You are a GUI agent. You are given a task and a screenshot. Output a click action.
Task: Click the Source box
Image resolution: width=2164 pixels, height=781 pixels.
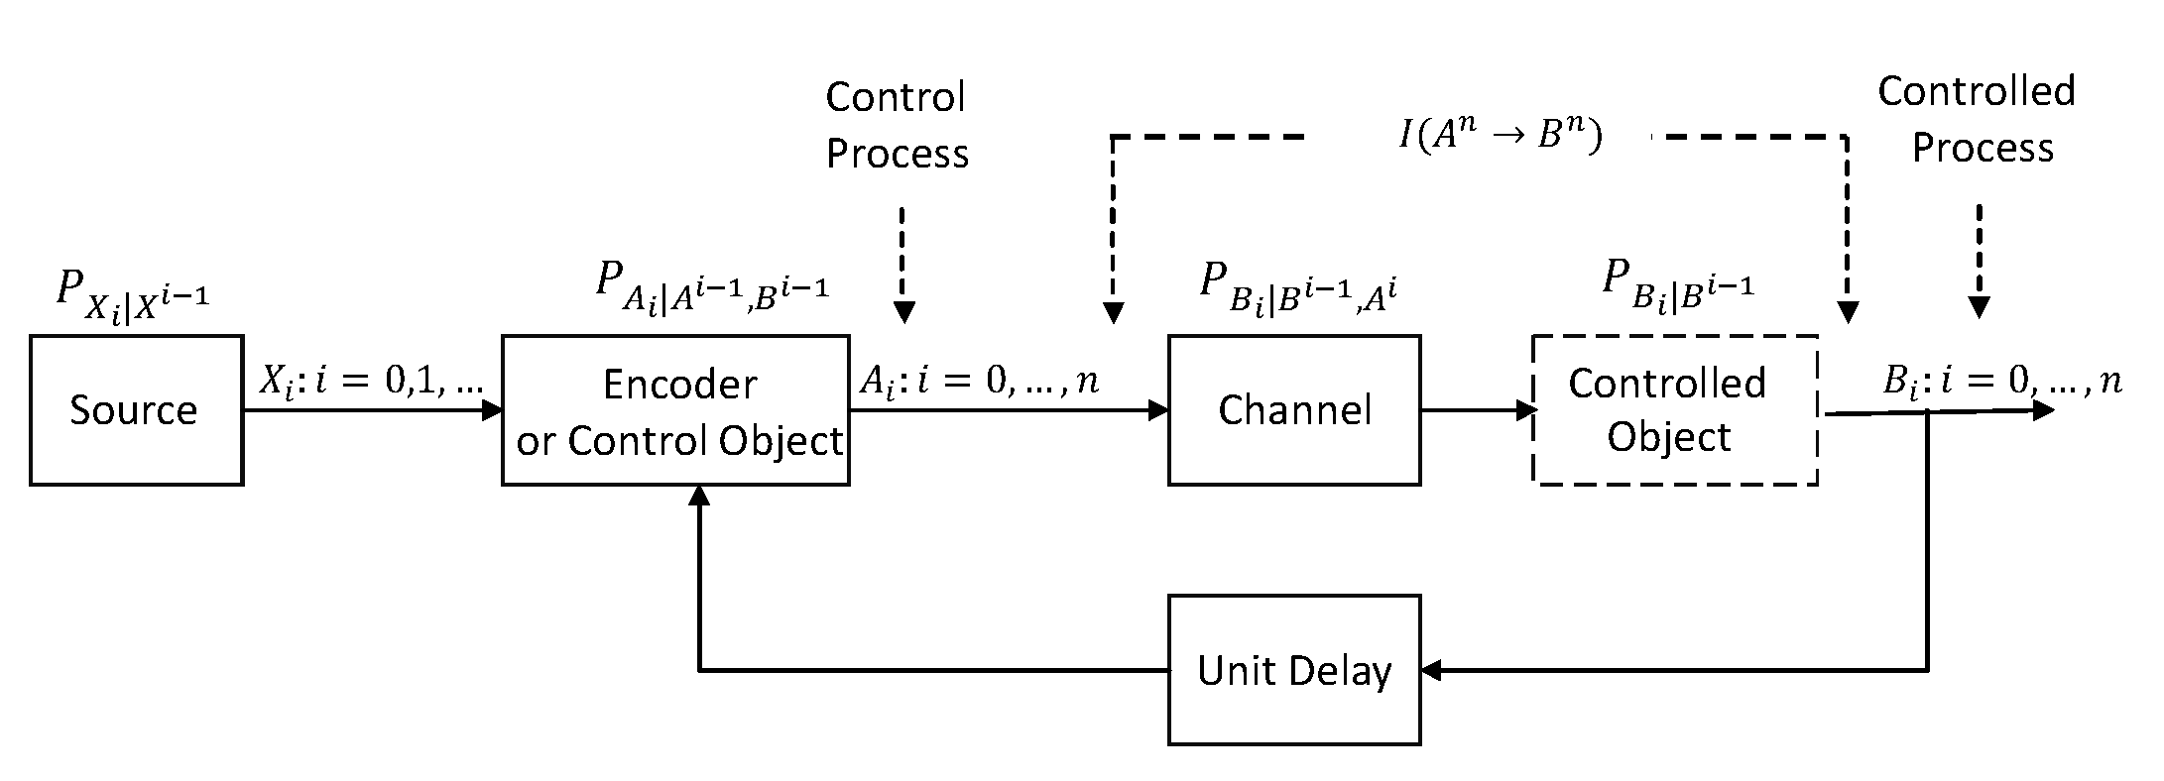[x=137, y=410]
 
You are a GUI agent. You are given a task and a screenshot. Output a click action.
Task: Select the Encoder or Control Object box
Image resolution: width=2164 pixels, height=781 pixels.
[x=675, y=410]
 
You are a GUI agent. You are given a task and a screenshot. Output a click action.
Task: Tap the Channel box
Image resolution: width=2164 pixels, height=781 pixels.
[x=1294, y=410]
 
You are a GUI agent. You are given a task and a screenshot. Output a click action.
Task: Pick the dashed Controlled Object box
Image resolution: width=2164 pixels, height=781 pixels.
[x=1675, y=410]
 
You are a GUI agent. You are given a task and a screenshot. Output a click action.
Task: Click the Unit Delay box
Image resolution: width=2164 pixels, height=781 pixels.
[x=1294, y=670]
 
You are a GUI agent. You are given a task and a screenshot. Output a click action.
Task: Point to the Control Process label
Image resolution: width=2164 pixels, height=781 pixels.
[x=898, y=125]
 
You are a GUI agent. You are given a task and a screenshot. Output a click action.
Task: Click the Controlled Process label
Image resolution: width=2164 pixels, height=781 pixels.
[x=1977, y=119]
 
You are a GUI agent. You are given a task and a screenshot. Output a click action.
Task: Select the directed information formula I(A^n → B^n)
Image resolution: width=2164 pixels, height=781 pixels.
[x=1501, y=136]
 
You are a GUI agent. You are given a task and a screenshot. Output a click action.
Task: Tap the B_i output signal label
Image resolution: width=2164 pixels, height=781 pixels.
[x=2002, y=382]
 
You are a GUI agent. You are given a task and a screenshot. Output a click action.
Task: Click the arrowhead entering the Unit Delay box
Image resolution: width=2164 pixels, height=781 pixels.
[x=1432, y=671]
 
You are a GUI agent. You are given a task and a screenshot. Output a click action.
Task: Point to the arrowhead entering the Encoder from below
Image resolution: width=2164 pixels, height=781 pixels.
[x=700, y=497]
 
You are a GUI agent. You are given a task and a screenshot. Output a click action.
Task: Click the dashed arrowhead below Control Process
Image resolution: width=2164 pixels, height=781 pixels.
[x=903, y=312]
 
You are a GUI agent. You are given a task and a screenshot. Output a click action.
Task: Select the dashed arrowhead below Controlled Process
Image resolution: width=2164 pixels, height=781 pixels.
[x=1979, y=307]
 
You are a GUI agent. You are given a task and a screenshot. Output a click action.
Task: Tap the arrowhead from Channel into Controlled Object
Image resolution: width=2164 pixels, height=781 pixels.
[x=1524, y=410]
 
